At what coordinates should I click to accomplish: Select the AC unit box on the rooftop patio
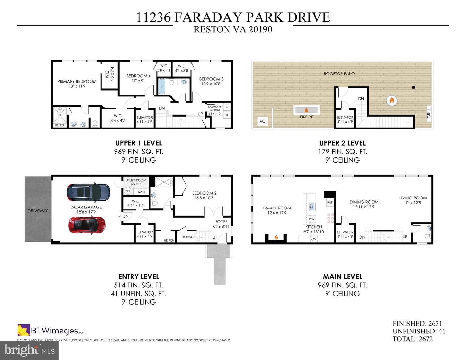tap(262, 121)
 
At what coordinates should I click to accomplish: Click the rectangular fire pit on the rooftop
tap(306, 110)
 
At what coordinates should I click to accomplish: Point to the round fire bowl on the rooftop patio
tap(392, 100)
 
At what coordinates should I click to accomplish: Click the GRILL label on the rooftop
tap(429, 113)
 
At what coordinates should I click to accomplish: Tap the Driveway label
tap(38, 211)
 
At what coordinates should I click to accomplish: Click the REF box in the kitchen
tap(330, 202)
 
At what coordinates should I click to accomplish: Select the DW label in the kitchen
tap(312, 219)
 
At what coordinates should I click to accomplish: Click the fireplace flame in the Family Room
tap(276, 237)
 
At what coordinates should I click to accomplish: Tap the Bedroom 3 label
tap(211, 81)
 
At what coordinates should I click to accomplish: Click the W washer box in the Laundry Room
tap(227, 107)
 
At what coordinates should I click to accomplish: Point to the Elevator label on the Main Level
tap(345, 234)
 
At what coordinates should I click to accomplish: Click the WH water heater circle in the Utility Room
tap(128, 191)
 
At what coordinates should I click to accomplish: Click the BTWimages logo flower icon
tap(24, 330)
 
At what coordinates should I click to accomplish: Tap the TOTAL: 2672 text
tap(412, 339)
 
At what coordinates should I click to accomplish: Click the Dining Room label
tap(364, 204)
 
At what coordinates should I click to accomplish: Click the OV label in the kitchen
tap(313, 239)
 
